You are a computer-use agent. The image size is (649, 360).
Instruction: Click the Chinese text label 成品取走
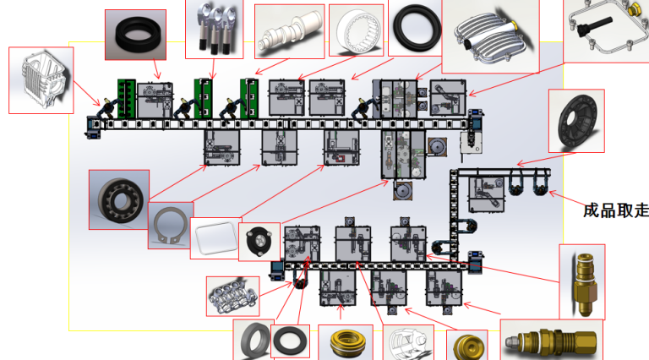pos(616,209)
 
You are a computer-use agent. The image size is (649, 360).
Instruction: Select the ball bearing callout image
pos(118,199)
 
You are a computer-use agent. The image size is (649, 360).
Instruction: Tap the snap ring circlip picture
pos(170,226)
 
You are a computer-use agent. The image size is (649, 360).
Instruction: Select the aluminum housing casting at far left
pos(41,80)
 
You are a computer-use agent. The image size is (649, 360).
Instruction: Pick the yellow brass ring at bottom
pos(345,343)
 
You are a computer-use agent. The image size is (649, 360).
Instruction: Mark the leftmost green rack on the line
pos(128,100)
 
